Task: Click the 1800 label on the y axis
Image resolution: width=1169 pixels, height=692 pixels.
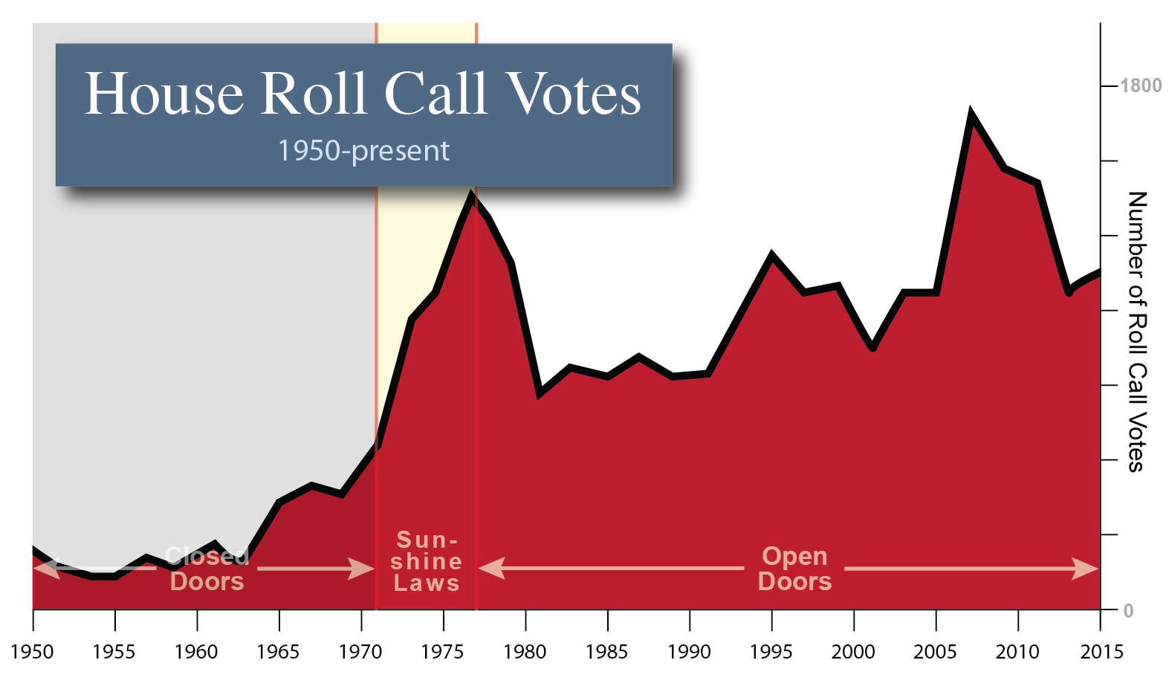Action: coord(1140,86)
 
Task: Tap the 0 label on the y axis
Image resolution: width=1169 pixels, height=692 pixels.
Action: coord(1128,611)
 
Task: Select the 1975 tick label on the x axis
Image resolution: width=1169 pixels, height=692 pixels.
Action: coord(443,652)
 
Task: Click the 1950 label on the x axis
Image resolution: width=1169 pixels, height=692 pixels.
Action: coord(33,652)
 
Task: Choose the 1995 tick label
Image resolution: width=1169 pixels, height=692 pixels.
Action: coord(771,652)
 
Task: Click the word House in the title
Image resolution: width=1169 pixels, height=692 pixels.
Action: coord(164,94)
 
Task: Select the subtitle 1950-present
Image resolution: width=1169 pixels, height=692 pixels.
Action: coord(363,151)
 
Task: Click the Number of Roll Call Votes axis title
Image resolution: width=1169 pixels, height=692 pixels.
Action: coord(1136,332)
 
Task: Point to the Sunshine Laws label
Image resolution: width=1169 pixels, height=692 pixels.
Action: coord(427,561)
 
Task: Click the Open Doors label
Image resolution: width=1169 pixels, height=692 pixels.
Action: coord(794,569)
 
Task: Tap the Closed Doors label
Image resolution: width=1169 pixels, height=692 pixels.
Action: coord(207,569)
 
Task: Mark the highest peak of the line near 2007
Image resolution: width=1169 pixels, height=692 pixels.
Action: coord(971,114)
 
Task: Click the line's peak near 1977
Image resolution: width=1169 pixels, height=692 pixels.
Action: coord(471,195)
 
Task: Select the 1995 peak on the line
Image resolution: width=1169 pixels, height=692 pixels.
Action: coord(772,255)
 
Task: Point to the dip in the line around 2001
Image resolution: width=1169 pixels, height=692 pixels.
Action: coord(873,348)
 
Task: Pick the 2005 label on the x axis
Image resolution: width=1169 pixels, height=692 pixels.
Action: coord(935,652)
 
